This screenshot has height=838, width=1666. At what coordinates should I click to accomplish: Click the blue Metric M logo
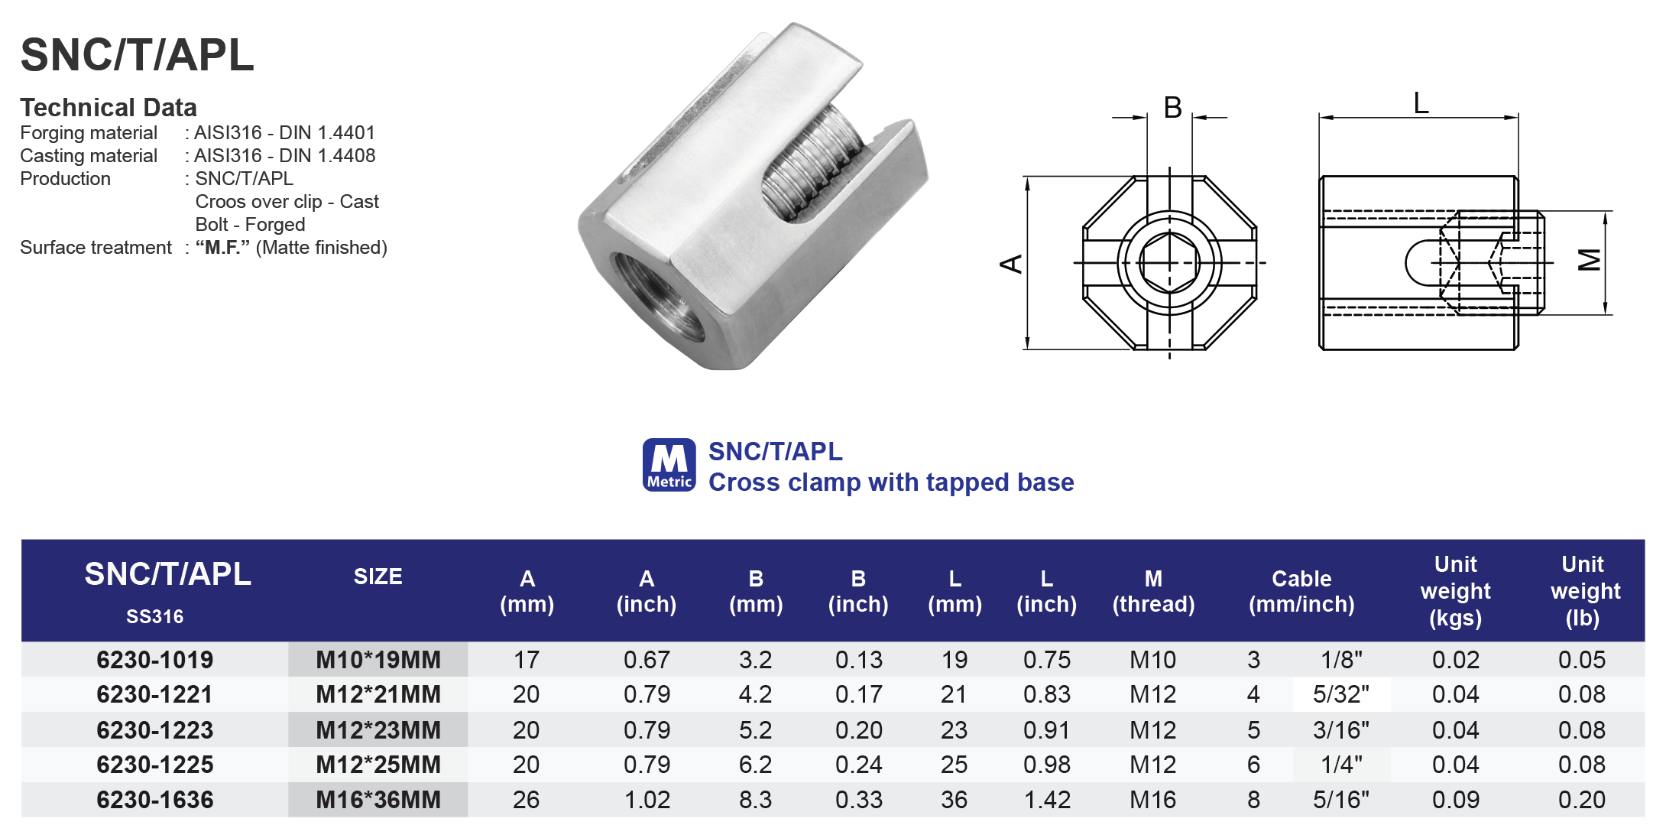coord(669,464)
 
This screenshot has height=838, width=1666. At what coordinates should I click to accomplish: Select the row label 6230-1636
coord(154,800)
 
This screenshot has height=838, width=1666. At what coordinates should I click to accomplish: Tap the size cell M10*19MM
coord(378,660)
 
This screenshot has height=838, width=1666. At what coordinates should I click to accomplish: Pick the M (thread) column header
coord(1153,591)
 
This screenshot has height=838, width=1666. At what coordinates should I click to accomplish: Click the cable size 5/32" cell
coord(1341,694)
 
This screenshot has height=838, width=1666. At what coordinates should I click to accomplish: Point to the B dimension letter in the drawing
coord(1172,108)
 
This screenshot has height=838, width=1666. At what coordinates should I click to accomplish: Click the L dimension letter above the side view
coord(1421,102)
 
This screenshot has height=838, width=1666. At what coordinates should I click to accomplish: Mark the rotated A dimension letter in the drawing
coord(1011,264)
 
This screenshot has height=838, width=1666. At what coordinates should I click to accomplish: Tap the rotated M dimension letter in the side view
coord(1590,261)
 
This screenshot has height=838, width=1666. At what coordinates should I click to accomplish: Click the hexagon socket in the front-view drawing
coord(1169,263)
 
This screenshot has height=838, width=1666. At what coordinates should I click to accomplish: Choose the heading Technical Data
coord(109,107)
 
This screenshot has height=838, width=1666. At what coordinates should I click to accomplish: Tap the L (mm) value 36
coord(954,800)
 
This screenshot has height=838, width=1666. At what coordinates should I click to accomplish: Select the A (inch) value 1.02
coord(647,800)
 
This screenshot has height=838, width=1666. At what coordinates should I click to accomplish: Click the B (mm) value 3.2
coord(755,660)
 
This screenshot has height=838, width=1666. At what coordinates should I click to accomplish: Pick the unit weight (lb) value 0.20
coord(1581,800)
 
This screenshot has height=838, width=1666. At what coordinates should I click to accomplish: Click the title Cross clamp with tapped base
coord(891,482)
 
